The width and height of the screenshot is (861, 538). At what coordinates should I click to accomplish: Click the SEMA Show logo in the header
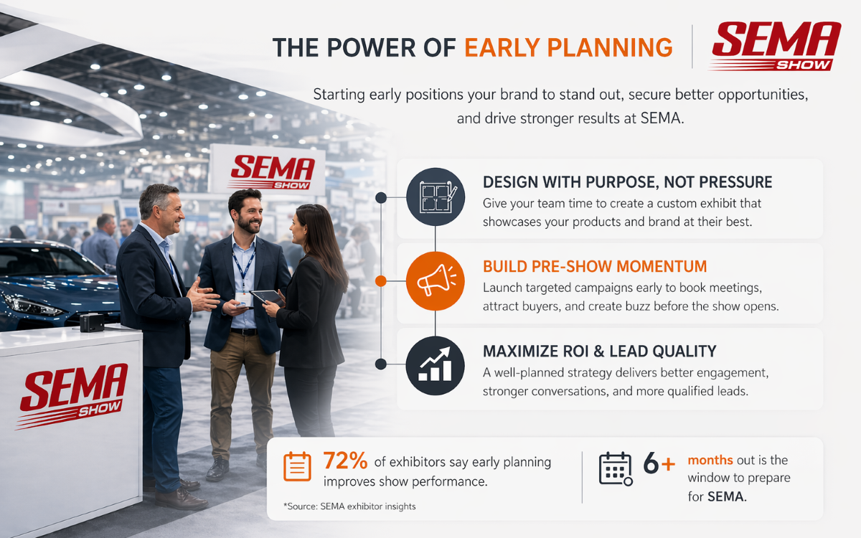tap(775, 46)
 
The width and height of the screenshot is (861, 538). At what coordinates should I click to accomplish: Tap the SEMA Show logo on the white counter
tap(73, 395)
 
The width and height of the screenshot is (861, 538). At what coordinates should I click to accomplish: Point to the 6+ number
tap(659, 465)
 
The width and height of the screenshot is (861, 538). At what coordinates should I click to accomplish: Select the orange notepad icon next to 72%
tap(297, 466)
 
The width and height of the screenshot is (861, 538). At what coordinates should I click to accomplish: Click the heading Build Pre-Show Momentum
tap(595, 267)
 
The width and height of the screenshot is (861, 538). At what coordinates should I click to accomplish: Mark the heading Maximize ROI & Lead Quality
tap(599, 351)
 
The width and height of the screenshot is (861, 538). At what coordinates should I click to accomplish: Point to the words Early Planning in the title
tap(568, 47)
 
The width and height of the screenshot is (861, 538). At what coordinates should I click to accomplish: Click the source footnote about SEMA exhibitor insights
tap(349, 506)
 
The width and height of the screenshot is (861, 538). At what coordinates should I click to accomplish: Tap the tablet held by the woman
tap(267, 296)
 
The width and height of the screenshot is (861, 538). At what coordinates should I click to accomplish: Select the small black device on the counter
tap(92, 323)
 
